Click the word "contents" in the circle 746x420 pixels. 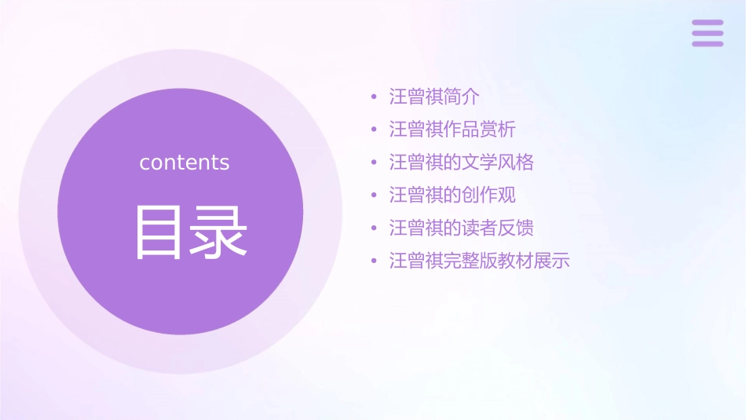[x=185, y=163]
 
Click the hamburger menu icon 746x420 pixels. [x=708, y=33]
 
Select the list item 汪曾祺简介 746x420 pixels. [x=434, y=97]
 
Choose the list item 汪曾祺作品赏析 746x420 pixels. [x=452, y=130]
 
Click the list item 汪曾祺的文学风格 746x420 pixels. [x=462, y=163]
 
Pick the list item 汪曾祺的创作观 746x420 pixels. [x=452, y=195]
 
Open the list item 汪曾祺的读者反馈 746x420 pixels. [x=462, y=228]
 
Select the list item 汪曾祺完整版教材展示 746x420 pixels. [x=479, y=261]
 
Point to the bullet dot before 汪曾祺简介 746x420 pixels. [x=375, y=97]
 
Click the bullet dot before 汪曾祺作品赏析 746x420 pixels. [x=375, y=130]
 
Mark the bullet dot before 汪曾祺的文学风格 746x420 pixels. [x=375, y=163]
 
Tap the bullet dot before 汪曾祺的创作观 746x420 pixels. [x=375, y=195]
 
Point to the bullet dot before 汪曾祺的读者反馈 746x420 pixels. [x=375, y=228]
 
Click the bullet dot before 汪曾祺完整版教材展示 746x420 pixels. [x=375, y=261]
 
